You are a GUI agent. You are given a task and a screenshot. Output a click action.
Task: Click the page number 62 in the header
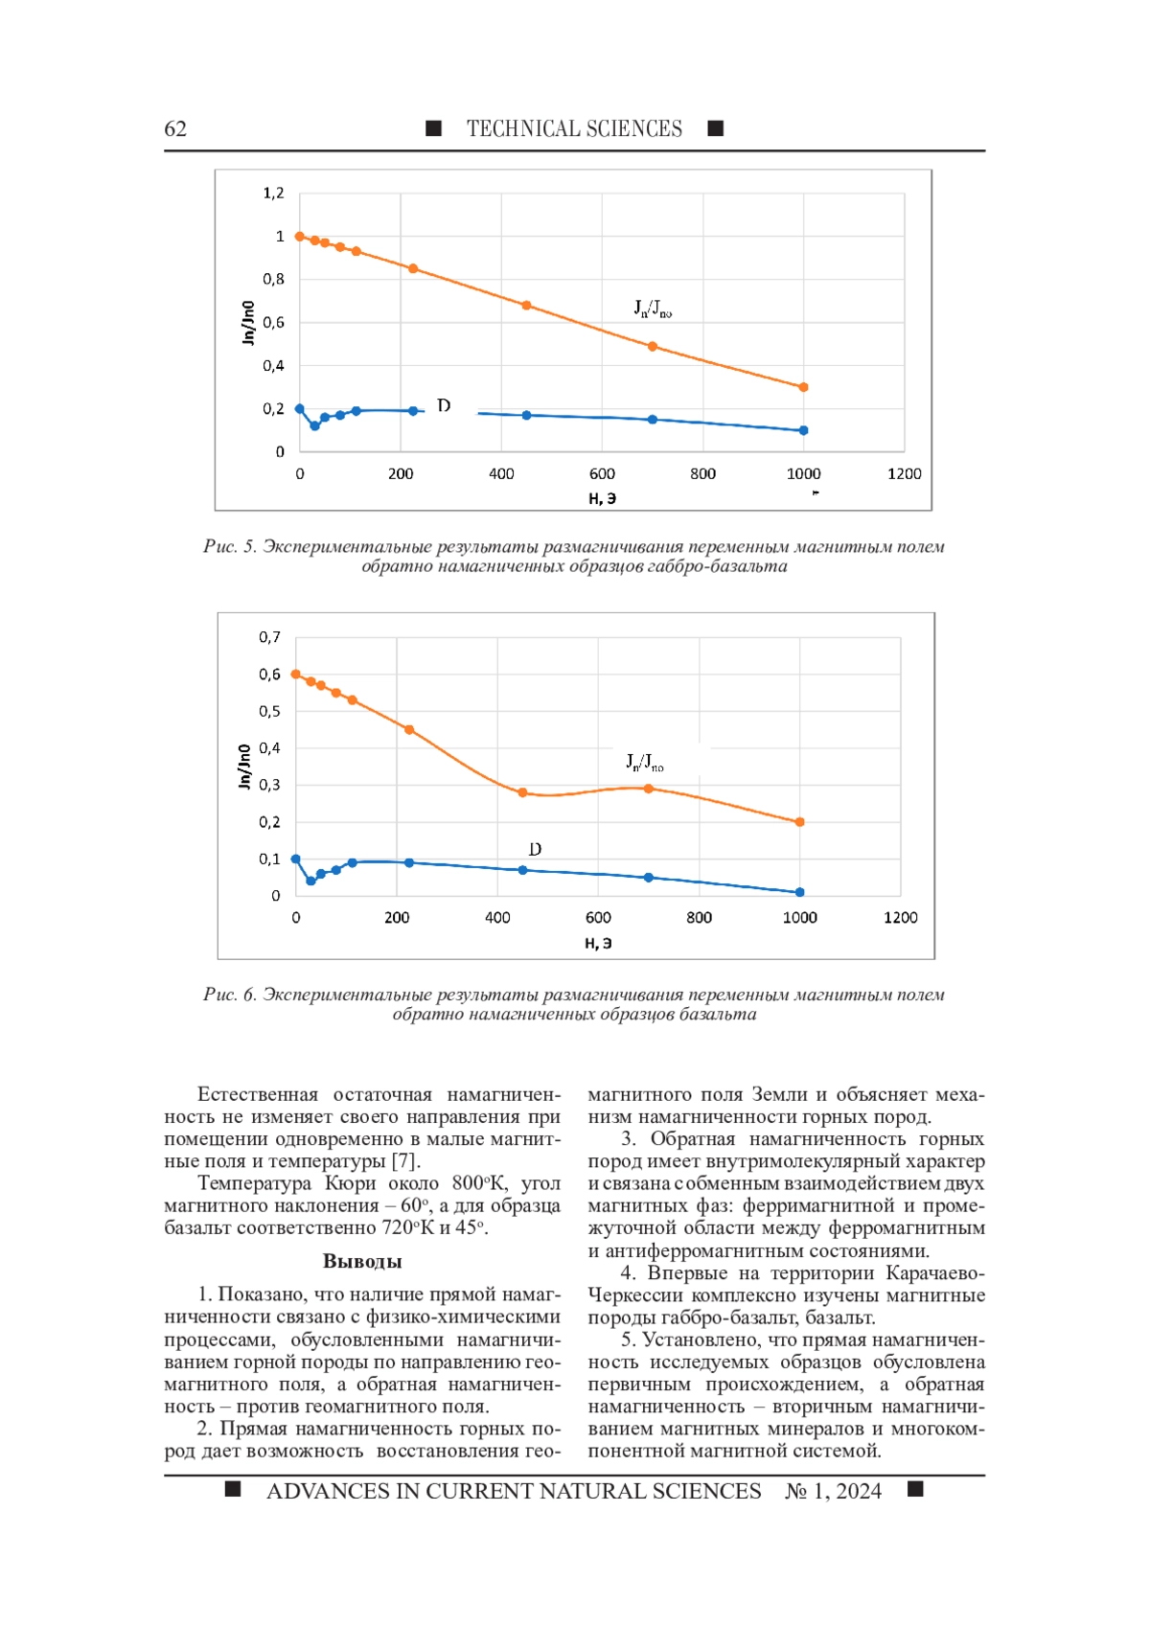[175, 128]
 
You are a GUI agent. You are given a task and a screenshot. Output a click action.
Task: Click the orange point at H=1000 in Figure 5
[803, 387]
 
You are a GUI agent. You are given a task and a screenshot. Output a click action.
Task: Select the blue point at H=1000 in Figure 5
[803, 430]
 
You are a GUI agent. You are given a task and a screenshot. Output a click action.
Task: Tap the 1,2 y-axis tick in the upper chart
[273, 194]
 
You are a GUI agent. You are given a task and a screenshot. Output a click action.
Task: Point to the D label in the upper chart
[444, 405]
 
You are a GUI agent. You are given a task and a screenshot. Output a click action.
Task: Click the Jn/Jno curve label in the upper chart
[653, 309]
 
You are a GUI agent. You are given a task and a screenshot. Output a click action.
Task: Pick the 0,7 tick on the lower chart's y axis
[269, 637]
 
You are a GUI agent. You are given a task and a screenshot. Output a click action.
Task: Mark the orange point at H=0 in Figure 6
[295, 675]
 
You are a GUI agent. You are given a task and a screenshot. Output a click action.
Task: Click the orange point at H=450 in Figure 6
[522, 792]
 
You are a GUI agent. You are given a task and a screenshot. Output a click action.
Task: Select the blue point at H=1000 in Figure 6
[799, 892]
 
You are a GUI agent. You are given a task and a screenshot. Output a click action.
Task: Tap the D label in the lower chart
[535, 849]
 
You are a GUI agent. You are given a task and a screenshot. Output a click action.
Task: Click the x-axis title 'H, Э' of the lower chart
[598, 943]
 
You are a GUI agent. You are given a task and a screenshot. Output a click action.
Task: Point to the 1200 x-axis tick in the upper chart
[904, 474]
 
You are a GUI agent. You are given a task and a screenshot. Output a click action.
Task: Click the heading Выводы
[362, 1261]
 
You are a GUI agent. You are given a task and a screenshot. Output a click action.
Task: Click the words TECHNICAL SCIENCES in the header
[574, 128]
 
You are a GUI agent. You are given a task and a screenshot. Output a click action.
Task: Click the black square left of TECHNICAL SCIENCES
[433, 128]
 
